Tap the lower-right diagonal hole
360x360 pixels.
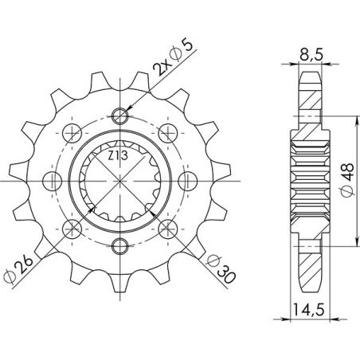[x=166, y=226]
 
